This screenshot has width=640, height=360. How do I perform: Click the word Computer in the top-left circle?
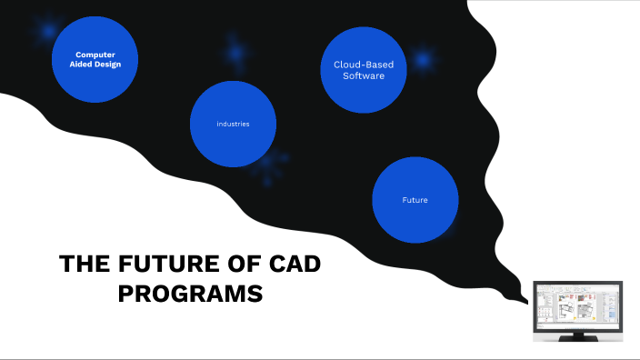pos(95,55)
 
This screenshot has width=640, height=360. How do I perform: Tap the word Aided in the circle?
pos(84,65)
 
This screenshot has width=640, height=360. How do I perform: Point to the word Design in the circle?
pos(106,65)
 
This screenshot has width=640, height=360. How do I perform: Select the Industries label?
pos(233,124)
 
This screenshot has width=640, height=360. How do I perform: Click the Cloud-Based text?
pos(364,65)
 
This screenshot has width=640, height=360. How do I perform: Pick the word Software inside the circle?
pos(364,75)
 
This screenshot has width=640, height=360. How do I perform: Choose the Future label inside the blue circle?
pos(415,200)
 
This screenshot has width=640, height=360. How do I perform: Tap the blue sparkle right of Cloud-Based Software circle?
pos(423,61)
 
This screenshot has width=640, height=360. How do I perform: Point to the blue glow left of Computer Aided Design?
pos(46,32)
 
